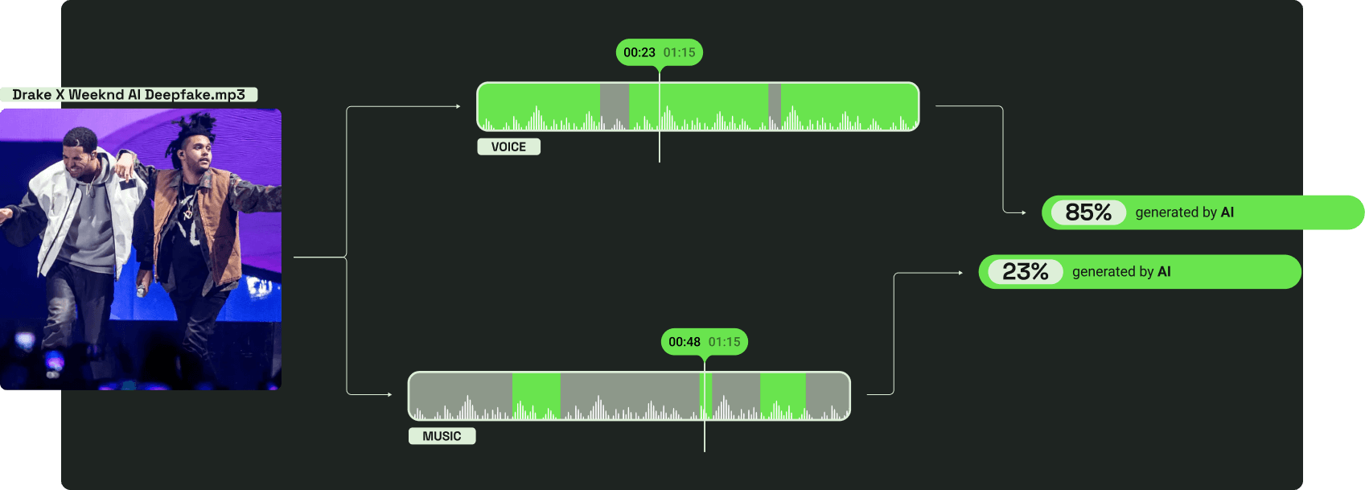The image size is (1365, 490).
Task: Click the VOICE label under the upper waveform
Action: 508,146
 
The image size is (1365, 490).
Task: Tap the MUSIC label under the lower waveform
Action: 442,436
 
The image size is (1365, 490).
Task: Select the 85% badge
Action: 1088,212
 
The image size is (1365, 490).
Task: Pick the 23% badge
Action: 1026,272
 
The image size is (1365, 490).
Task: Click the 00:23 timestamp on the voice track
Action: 639,52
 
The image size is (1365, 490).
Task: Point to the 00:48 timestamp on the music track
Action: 685,342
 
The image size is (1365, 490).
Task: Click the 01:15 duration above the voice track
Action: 680,52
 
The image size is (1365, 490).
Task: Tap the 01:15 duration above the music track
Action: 725,342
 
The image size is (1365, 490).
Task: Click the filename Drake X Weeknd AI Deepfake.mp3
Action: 129,95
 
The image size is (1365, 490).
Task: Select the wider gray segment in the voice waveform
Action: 615,106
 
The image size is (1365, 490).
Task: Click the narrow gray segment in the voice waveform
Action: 775,106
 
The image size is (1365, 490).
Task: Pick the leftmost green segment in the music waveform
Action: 537,395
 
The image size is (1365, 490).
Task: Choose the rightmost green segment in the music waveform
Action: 783,395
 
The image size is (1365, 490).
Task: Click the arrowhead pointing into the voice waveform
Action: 458,106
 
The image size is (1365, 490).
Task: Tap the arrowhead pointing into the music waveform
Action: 389,394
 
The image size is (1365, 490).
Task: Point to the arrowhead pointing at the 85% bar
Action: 1023,212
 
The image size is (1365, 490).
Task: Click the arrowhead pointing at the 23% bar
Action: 960,273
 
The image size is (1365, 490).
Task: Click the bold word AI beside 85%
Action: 1227,212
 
